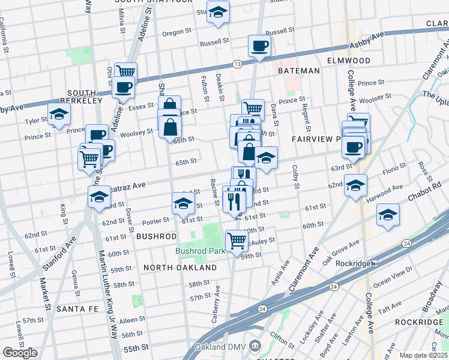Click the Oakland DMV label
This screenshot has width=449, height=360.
221,347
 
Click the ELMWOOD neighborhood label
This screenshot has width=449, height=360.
349,61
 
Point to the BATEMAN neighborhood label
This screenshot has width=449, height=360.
298,71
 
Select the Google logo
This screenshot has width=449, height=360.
20,353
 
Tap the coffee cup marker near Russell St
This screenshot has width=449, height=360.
259,46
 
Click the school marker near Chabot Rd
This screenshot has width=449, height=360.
388,214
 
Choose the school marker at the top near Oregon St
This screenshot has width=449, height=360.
218,11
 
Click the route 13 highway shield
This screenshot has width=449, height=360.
238,64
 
